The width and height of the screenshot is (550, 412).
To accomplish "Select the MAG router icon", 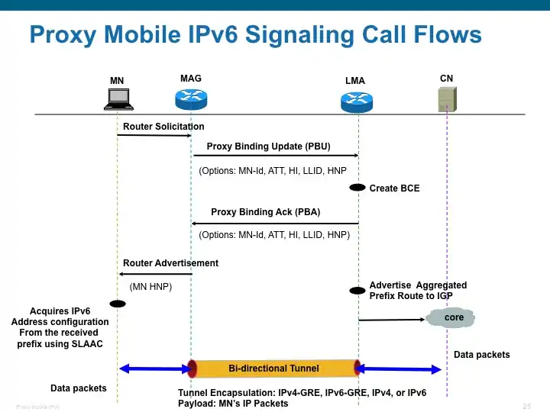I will click(x=190, y=98).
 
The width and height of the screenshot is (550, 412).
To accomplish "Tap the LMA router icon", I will click(x=356, y=99).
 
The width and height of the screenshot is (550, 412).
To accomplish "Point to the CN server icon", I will click(x=447, y=98).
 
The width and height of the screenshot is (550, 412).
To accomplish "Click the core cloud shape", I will click(x=454, y=317).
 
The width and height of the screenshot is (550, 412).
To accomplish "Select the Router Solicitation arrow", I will click(x=154, y=136).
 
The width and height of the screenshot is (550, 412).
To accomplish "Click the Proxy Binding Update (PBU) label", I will click(x=268, y=146).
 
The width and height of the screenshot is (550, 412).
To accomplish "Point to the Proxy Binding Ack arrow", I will click(x=275, y=223).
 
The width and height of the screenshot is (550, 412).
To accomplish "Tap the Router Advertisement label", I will click(x=170, y=263).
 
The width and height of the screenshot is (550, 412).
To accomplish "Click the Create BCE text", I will click(x=394, y=188).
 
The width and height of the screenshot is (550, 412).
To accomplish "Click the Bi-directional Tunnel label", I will click(x=273, y=369).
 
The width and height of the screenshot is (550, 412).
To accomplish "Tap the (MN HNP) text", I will click(x=150, y=287).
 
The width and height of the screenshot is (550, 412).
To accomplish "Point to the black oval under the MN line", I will click(x=117, y=304).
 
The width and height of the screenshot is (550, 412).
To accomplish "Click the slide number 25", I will click(x=526, y=405).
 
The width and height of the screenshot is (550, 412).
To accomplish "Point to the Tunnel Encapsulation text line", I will click(x=302, y=393).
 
